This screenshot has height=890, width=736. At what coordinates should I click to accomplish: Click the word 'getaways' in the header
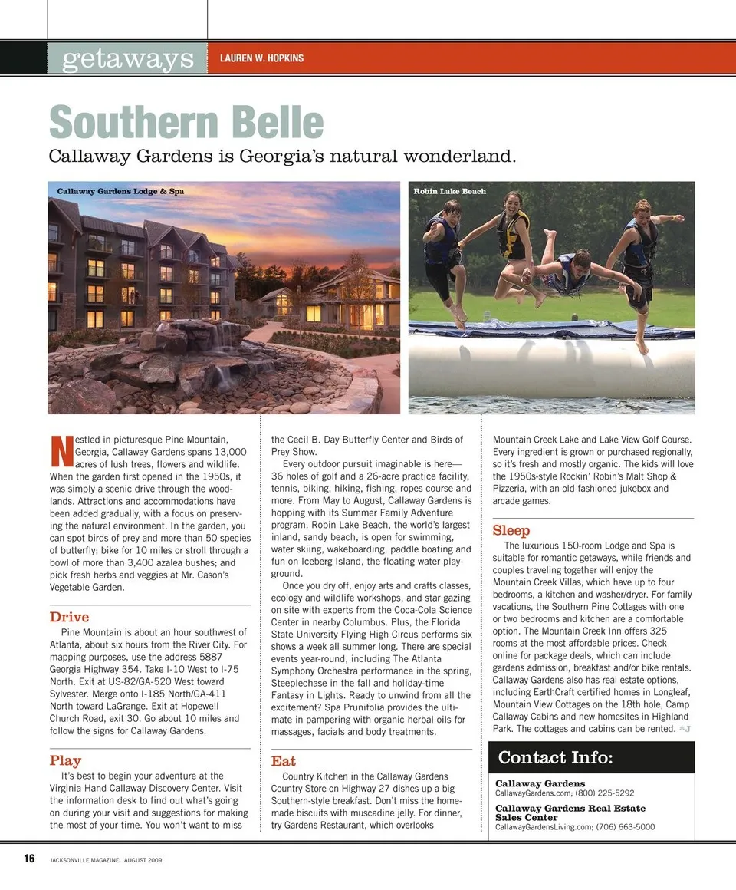pos(127,58)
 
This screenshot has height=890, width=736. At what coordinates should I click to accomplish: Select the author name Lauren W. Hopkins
pos(261,58)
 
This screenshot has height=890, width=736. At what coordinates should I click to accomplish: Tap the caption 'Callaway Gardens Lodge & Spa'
pos(120,191)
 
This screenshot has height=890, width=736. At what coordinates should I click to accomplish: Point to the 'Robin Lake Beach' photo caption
pos(449,191)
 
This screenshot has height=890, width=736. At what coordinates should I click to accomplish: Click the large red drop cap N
pos(61,452)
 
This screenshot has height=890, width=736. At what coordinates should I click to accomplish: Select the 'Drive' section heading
pos(69,617)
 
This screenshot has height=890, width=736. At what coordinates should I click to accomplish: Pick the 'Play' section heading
pos(65,760)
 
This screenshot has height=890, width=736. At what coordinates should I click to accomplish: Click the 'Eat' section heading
pos(283,760)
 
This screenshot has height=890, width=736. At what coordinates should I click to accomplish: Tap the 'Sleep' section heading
pos(511,530)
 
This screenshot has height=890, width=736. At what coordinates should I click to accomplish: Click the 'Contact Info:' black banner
pos(591,758)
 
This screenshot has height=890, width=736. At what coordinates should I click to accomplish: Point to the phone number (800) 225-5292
pos(602,793)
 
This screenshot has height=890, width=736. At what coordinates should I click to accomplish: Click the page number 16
pos(29,859)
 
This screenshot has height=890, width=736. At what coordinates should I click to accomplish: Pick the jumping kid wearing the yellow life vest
pos(512,242)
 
